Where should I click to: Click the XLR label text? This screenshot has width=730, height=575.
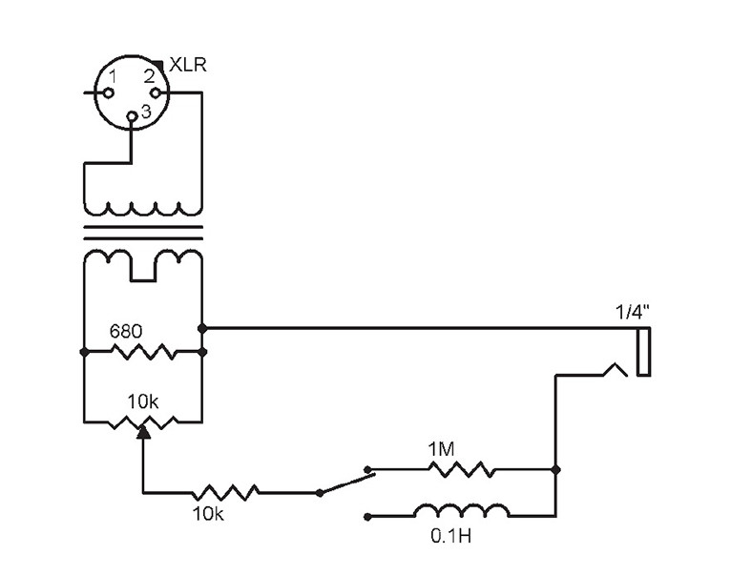[189, 65]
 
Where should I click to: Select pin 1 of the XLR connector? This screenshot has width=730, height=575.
[108, 92]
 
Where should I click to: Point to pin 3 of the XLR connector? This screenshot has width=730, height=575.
[132, 116]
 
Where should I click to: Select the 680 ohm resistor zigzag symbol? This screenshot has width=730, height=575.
[143, 353]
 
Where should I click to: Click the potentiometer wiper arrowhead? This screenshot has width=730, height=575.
[143, 432]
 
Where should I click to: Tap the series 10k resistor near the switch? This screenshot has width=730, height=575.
[225, 492]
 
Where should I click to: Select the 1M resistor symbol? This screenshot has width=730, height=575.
[461, 469]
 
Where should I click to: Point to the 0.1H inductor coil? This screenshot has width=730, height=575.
[461, 511]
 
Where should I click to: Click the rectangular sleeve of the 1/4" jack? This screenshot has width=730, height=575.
[644, 351]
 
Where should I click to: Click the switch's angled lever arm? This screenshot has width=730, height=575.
[344, 482]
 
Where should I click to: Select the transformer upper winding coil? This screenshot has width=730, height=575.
[143, 207]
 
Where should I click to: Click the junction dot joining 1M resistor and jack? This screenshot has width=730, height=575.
[556, 470]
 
